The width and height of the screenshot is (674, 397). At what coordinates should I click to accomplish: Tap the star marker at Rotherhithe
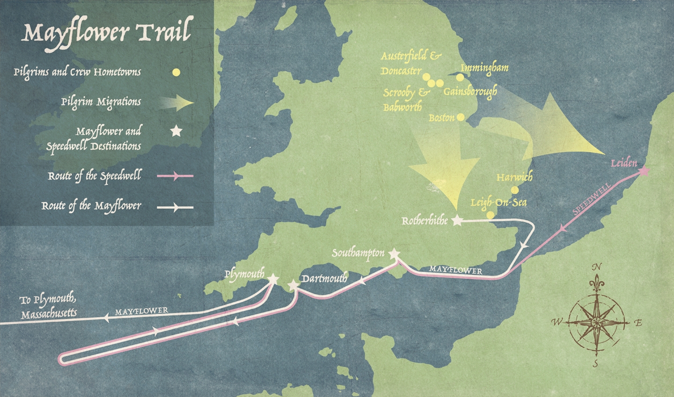(x=457, y=221)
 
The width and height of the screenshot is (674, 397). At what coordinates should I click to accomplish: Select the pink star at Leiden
(x=644, y=171)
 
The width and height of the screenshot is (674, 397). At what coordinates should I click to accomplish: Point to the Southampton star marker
(x=394, y=254)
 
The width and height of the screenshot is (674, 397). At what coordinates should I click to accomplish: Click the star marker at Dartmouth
(x=293, y=285)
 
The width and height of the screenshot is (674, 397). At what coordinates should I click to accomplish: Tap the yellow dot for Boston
(x=461, y=117)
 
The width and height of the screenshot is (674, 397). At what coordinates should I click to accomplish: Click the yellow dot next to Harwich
(x=515, y=190)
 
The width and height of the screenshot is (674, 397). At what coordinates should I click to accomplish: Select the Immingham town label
(x=484, y=68)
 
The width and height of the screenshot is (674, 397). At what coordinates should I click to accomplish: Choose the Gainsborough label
(x=470, y=91)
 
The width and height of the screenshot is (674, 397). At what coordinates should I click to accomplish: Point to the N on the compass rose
(x=596, y=267)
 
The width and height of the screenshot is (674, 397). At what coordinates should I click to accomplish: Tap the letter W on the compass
(x=557, y=322)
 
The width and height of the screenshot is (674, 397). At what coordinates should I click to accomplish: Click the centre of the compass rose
(x=596, y=323)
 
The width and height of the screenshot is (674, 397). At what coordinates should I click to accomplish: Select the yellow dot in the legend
(x=176, y=73)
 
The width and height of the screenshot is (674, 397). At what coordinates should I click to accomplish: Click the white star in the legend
(x=176, y=131)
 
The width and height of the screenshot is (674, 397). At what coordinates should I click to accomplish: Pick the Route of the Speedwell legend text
(x=94, y=176)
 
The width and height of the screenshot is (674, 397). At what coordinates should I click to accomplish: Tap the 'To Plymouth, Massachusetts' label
(x=48, y=307)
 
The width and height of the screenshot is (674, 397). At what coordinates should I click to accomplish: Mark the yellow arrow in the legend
(x=176, y=103)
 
